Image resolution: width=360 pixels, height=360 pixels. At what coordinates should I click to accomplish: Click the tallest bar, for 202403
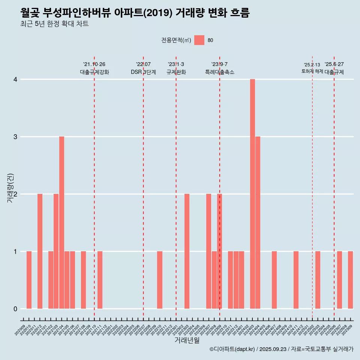click(x=252, y=194)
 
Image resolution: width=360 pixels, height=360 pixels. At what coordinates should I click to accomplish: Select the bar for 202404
click(x=258, y=223)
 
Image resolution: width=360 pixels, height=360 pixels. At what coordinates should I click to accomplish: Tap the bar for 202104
click(x=61, y=223)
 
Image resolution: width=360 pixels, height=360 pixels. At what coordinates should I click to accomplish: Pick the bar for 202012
click(x=40, y=251)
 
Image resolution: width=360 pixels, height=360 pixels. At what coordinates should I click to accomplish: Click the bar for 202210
click(x=160, y=280)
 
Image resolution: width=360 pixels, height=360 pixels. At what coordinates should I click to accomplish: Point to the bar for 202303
click(x=187, y=251)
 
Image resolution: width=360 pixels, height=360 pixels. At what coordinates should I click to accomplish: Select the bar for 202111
click(x=100, y=280)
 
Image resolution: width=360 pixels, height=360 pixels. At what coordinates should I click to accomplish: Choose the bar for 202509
click(x=350, y=280)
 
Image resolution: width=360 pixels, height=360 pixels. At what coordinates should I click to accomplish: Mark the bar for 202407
click(x=274, y=280)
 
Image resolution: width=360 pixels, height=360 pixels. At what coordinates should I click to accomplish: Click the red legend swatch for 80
click(x=199, y=40)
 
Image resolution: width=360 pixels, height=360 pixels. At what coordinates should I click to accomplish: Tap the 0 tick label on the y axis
click(x=15, y=309)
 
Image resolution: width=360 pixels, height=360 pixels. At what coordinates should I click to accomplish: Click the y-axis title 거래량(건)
click(x=10, y=188)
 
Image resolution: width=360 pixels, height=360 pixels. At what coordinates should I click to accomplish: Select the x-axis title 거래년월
click(x=187, y=340)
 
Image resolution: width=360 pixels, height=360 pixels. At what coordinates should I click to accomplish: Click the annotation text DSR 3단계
click(x=143, y=72)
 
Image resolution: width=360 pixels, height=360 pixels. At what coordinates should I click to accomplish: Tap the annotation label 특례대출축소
click(x=220, y=72)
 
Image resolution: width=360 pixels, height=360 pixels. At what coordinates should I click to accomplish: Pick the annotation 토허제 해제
click(x=312, y=71)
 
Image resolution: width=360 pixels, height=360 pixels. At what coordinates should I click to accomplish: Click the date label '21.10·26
click(x=94, y=64)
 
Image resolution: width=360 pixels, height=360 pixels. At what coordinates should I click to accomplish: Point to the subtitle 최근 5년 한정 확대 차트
click(x=55, y=24)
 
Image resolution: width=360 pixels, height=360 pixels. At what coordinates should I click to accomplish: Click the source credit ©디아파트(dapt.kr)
click(x=232, y=349)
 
